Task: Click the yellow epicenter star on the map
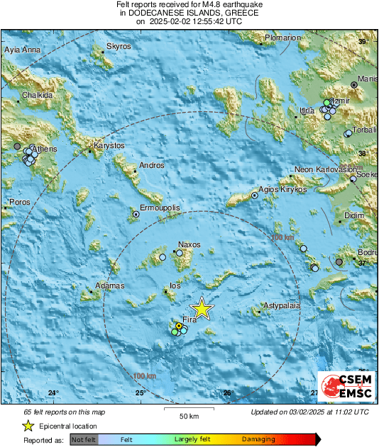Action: coord(202,308)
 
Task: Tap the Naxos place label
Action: coord(189,244)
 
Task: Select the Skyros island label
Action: coord(119,46)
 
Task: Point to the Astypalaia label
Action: coord(282,305)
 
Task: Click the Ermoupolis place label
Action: coord(160,209)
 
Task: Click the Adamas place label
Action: coord(110,285)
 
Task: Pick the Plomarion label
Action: coord(282,38)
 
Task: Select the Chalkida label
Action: coord(38,95)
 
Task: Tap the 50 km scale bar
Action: coord(187,408)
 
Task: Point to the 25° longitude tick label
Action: coord(140,392)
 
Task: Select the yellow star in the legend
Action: coord(28,426)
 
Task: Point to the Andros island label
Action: coord(152,165)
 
